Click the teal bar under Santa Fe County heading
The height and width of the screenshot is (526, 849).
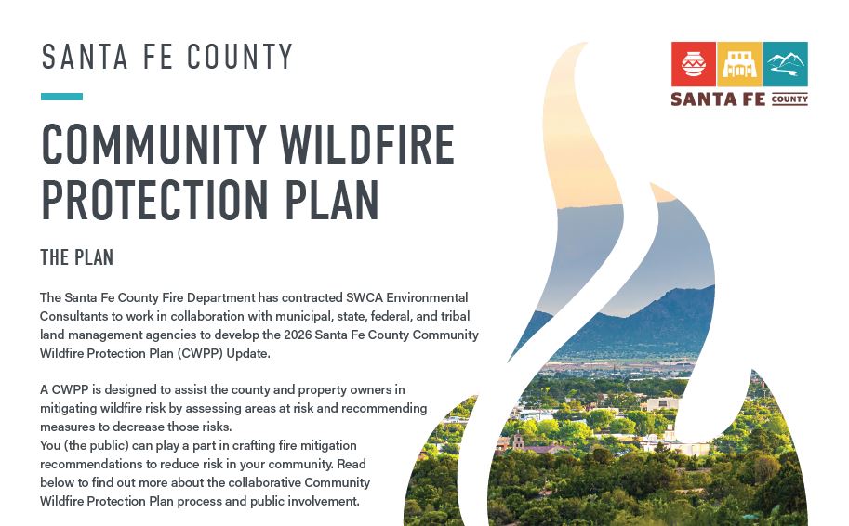(61, 97)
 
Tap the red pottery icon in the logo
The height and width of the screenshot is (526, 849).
(693, 64)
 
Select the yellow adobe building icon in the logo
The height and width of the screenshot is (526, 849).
(739, 64)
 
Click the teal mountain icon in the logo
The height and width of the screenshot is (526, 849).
(785, 64)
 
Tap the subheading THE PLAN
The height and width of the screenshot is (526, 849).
(76, 256)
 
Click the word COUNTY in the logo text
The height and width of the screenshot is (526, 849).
(789, 99)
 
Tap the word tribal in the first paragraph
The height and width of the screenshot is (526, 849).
(461, 316)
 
